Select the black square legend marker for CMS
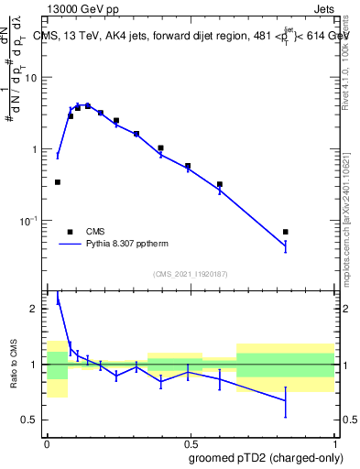click(70, 232)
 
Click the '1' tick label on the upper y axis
click(36, 149)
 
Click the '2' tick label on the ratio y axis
click(36, 309)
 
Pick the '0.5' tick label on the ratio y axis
click(31, 420)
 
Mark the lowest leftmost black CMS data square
click(58, 182)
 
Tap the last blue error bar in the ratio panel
click(286, 401)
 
